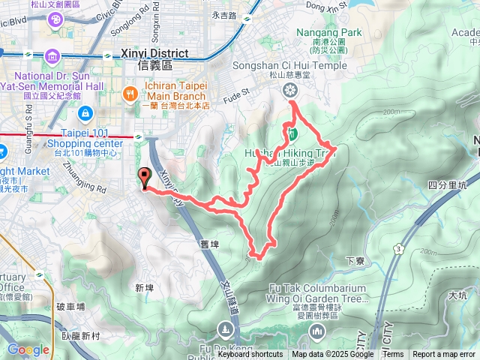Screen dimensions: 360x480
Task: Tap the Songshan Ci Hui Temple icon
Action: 289,91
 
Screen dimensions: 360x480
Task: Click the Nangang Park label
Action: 328,32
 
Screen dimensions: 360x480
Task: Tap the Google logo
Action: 28,349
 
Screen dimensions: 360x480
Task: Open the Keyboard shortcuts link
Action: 250,355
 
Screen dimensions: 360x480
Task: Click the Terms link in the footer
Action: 393,355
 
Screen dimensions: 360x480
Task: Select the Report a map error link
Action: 444,355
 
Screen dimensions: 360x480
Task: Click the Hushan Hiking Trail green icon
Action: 294,135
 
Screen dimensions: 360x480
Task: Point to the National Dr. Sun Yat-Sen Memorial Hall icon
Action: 52,57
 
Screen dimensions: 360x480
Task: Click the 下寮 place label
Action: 355,261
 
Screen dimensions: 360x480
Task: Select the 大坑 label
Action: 457,295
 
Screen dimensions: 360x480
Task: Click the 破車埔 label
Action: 70,307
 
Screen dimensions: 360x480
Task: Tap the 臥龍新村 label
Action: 80,336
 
